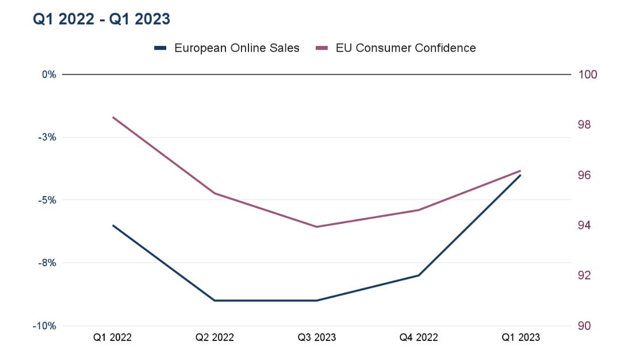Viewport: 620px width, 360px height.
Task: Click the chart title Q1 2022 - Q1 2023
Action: pyautogui.click(x=101, y=19)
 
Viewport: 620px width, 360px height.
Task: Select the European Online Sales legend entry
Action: pyautogui.click(x=227, y=48)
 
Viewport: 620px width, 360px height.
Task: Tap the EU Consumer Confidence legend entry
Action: pyautogui.click(x=397, y=48)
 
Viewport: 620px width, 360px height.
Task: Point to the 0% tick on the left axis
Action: pyautogui.click(x=49, y=75)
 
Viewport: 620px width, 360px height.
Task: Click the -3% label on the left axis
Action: pyautogui.click(x=48, y=137)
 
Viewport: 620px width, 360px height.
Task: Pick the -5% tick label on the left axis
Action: pyautogui.click(x=48, y=200)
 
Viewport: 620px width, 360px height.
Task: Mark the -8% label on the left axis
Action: pyautogui.click(x=48, y=263)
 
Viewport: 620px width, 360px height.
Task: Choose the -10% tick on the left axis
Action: pyautogui.click(x=47, y=326)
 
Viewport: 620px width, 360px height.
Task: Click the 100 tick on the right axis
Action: pyautogui.click(x=587, y=75)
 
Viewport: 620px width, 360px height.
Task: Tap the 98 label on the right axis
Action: pyautogui.click(x=584, y=125)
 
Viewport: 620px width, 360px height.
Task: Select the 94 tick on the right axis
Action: pyautogui.click(x=584, y=225)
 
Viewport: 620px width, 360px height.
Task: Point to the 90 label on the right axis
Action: pyautogui.click(x=584, y=326)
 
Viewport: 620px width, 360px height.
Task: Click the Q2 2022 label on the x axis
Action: pyautogui.click(x=215, y=338)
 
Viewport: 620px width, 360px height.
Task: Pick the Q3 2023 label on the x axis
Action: pyautogui.click(x=317, y=338)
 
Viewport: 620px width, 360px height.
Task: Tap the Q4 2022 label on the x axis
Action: pyautogui.click(x=419, y=338)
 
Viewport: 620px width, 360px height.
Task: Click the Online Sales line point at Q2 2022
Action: pyautogui.click(x=215, y=300)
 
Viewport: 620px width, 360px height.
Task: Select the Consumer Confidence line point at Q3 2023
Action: pyautogui.click(x=317, y=227)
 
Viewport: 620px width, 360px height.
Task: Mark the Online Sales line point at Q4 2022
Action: pyautogui.click(x=419, y=275)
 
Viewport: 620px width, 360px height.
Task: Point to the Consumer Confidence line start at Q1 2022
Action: pyautogui.click(x=113, y=117)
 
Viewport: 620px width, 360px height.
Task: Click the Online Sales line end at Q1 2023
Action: pyautogui.click(x=521, y=175)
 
